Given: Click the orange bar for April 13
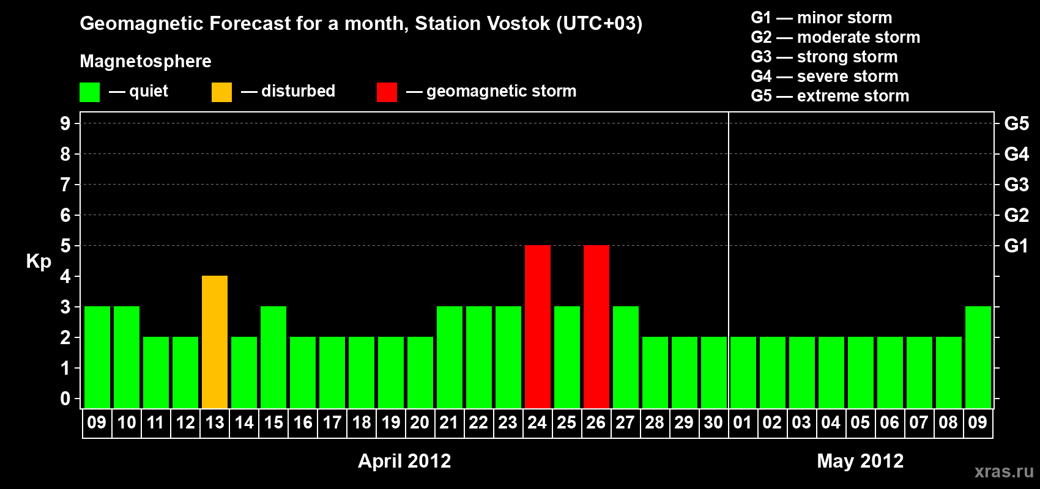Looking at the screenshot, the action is click(x=215, y=342).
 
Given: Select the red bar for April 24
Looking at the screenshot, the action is click(x=538, y=326).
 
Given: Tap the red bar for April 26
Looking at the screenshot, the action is click(x=596, y=326).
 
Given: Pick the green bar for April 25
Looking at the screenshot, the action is click(x=567, y=357).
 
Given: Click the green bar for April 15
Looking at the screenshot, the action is click(x=273, y=357).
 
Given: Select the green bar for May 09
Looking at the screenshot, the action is click(x=978, y=357).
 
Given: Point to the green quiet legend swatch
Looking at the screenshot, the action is click(x=89, y=92).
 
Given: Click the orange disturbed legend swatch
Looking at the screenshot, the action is click(x=221, y=92).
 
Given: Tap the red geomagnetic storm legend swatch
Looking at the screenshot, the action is click(x=387, y=92).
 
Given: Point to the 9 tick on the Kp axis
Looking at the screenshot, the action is click(x=65, y=123).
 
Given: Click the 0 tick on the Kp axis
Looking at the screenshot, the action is click(x=65, y=399).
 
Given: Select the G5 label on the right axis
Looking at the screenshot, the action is click(x=1016, y=123).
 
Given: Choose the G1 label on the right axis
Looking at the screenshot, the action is click(x=1016, y=246).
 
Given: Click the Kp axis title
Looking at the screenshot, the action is click(x=39, y=262).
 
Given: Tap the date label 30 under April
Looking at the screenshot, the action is click(x=713, y=422).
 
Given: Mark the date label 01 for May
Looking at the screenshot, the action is click(x=743, y=422).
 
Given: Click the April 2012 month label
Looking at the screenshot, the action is click(x=404, y=461).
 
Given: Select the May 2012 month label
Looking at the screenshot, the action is click(x=860, y=461).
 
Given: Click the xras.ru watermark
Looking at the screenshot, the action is click(x=1004, y=471).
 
